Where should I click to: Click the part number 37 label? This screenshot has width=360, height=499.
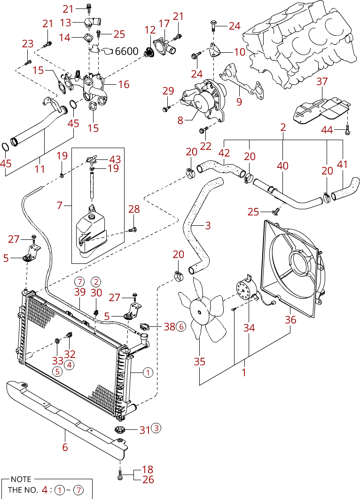[x=322, y=81]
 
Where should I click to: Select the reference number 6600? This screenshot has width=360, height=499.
[x=126, y=51]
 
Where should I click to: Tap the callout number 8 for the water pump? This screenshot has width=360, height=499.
[x=180, y=120]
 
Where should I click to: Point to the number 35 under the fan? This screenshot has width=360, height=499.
[x=199, y=362]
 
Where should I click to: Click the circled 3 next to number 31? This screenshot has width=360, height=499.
[x=156, y=428]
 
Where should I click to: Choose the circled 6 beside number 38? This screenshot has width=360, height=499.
[x=181, y=326]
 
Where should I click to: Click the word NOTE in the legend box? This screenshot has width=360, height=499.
[x=21, y=479]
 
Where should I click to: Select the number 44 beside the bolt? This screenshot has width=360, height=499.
[x=327, y=130]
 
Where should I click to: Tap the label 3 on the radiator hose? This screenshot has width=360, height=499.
[x=208, y=226]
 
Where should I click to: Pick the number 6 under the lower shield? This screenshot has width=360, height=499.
[x=65, y=447]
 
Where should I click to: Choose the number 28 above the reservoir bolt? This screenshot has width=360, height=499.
[x=134, y=209]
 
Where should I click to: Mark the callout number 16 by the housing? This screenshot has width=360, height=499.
[x=124, y=84]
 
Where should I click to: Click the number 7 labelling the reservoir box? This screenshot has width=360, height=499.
[x=60, y=205]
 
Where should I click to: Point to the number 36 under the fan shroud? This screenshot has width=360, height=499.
[x=290, y=319]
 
